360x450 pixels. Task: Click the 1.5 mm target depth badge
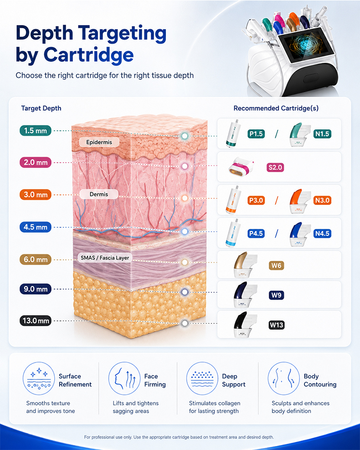(35, 131)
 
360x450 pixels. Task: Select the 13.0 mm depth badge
(35, 321)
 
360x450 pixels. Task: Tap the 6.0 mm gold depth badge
(35, 260)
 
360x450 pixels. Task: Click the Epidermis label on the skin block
(99, 142)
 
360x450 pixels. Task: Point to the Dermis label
(99, 194)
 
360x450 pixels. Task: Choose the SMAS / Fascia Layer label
(105, 258)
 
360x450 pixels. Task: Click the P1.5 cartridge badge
(256, 134)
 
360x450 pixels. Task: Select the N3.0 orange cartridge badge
(322, 200)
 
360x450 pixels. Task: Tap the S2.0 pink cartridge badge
(275, 167)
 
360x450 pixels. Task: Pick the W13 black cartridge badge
(277, 325)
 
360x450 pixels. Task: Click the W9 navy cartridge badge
(276, 295)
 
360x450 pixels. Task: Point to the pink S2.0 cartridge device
(241, 166)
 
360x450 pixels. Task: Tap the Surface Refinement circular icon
(39, 378)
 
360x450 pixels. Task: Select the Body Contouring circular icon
(283, 378)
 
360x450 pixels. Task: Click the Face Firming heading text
(155, 380)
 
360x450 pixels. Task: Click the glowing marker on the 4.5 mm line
(185, 231)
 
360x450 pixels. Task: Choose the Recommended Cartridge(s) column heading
(276, 108)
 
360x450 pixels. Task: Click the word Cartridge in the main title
(88, 55)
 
